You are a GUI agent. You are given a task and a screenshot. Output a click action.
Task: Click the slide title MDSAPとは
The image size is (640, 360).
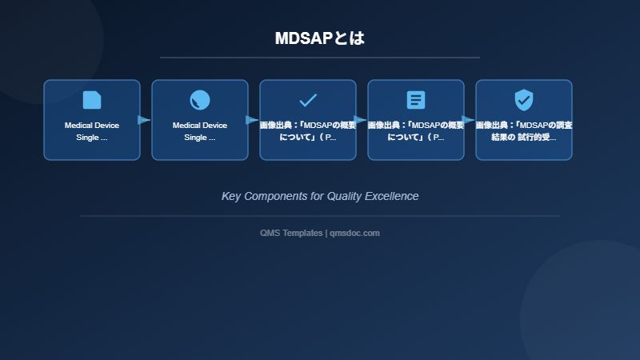[319, 38]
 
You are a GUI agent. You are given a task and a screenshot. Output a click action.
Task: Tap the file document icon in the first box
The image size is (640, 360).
[92, 100]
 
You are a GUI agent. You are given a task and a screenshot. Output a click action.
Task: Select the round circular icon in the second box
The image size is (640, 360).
[200, 100]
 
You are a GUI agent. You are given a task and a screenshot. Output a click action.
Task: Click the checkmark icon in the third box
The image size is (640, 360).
[308, 100]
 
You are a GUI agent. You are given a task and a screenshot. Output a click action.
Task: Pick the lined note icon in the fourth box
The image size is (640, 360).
[416, 100]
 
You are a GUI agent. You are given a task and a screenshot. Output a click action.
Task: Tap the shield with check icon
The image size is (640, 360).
[524, 100]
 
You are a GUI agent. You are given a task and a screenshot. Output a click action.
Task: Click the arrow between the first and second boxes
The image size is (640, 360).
[144, 120]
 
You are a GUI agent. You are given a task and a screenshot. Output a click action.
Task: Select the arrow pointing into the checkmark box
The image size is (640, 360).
[252, 120]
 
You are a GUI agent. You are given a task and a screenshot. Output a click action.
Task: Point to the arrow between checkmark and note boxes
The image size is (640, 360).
[360, 120]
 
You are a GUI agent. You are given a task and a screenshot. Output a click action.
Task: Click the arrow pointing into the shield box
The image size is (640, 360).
[468, 120]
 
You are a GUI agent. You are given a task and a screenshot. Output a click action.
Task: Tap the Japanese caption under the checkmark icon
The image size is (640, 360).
[308, 131]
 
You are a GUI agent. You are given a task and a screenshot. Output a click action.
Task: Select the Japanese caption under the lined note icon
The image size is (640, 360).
[416, 131]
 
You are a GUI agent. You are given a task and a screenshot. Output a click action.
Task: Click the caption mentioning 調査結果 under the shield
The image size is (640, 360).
[524, 131]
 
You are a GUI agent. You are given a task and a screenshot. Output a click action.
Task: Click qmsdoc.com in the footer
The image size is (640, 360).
[354, 233]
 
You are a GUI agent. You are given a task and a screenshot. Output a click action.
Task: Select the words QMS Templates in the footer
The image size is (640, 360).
[291, 233]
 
